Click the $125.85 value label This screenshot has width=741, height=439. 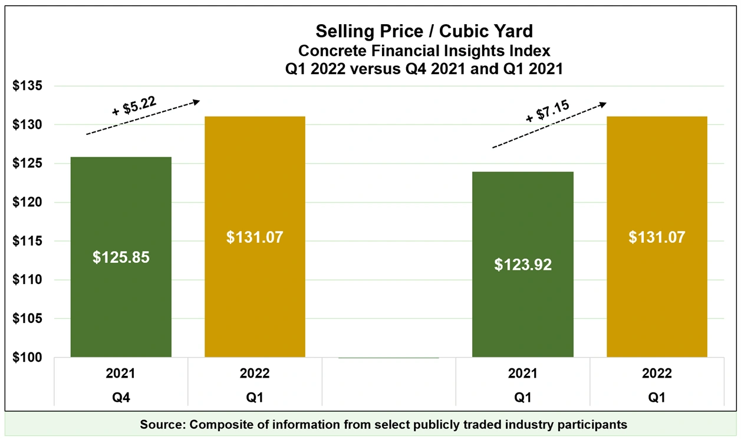121,258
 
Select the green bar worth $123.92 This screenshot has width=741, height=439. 523,306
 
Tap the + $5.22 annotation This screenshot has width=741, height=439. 134,106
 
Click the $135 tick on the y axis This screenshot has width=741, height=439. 28,86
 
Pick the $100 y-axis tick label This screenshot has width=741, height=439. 28,358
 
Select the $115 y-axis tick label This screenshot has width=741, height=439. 28,241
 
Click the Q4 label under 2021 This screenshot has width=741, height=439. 120,398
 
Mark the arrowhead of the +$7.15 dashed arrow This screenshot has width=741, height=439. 602,104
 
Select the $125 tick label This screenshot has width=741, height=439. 28,163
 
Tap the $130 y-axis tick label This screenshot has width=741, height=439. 28,125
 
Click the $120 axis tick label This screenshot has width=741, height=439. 28,202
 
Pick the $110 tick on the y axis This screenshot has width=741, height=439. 28,280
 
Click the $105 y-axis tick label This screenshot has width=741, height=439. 28,319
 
